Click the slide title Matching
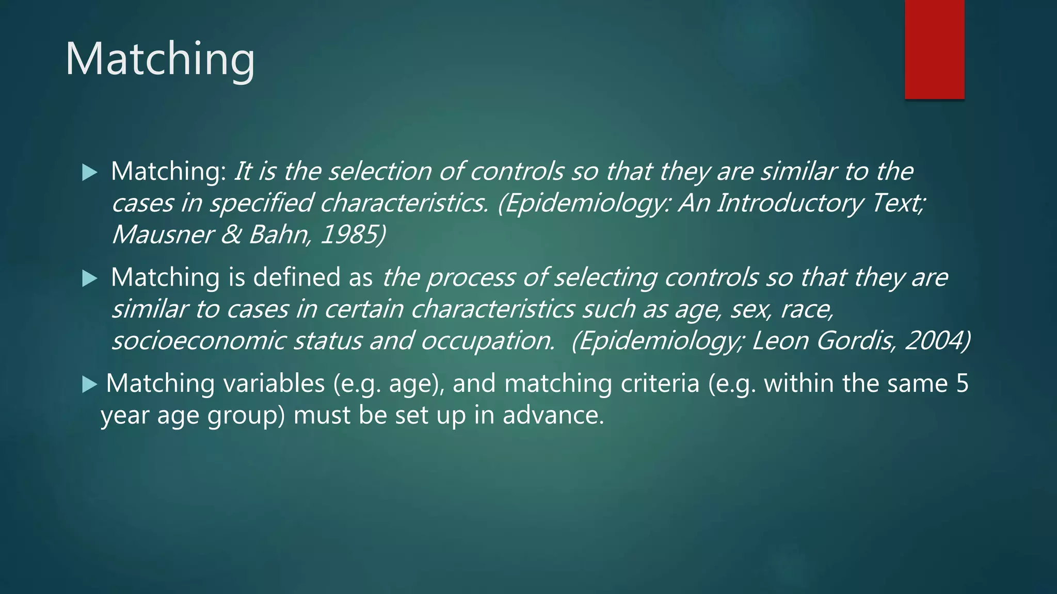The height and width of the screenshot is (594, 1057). pos(160,59)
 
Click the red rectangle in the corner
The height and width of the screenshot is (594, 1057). pos(934,49)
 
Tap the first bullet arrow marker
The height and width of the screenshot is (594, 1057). pos(90,173)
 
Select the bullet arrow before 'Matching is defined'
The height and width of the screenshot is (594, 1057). pos(90,279)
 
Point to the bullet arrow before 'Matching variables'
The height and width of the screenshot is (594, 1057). pos(90,385)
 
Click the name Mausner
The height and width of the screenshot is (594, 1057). pos(162,235)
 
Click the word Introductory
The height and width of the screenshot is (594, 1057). pos(790,203)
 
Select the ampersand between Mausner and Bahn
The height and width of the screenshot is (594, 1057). pos(231,235)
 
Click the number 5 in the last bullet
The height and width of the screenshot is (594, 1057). pos(962,384)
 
